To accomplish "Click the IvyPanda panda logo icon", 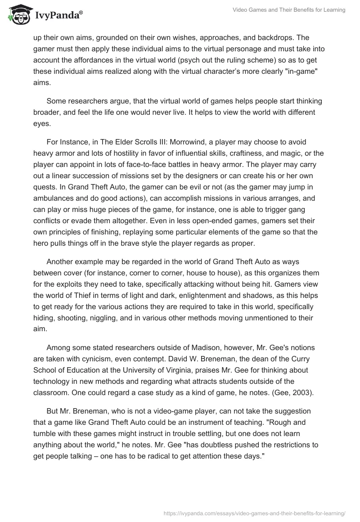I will (18, 14).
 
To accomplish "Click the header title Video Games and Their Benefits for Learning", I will (289, 10).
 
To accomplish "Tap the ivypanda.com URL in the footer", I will (255, 512).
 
